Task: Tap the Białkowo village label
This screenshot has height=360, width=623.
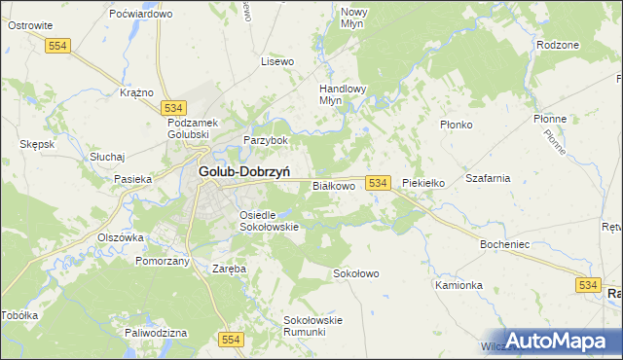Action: point(333,185)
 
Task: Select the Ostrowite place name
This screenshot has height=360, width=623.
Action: point(29,25)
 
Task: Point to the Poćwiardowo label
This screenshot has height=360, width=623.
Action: point(141,14)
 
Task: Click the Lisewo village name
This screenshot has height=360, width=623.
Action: point(277,61)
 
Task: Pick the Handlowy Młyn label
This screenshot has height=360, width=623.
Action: point(343,93)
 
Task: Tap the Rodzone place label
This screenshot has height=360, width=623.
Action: point(558,45)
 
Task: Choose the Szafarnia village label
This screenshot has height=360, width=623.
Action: point(488,178)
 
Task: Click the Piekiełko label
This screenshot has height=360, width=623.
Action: point(423,183)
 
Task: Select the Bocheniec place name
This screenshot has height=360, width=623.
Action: point(504,244)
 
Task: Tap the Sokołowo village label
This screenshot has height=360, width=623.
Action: point(355,273)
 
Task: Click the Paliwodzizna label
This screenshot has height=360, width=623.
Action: point(156,333)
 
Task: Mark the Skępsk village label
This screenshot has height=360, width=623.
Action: point(37,143)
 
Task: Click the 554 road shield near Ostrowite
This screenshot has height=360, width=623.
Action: point(59,45)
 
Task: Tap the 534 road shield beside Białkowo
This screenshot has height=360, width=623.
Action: point(379,183)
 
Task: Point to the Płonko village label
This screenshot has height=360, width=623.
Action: point(456,125)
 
